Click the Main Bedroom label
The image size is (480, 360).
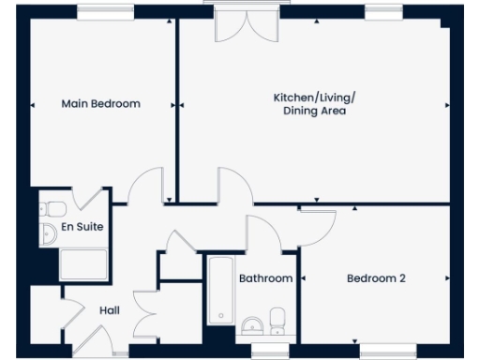click(x=100, y=103)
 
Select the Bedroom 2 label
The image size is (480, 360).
click(x=376, y=278)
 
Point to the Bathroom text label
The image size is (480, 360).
click(x=265, y=278)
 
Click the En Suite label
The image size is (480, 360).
click(x=82, y=227)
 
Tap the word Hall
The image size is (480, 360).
click(x=109, y=309)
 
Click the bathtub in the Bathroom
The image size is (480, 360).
click(x=219, y=290)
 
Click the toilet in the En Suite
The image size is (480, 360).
click(x=53, y=209)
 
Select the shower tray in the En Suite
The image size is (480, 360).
click(x=84, y=264)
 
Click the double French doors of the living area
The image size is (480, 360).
click(x=234, y=23)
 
